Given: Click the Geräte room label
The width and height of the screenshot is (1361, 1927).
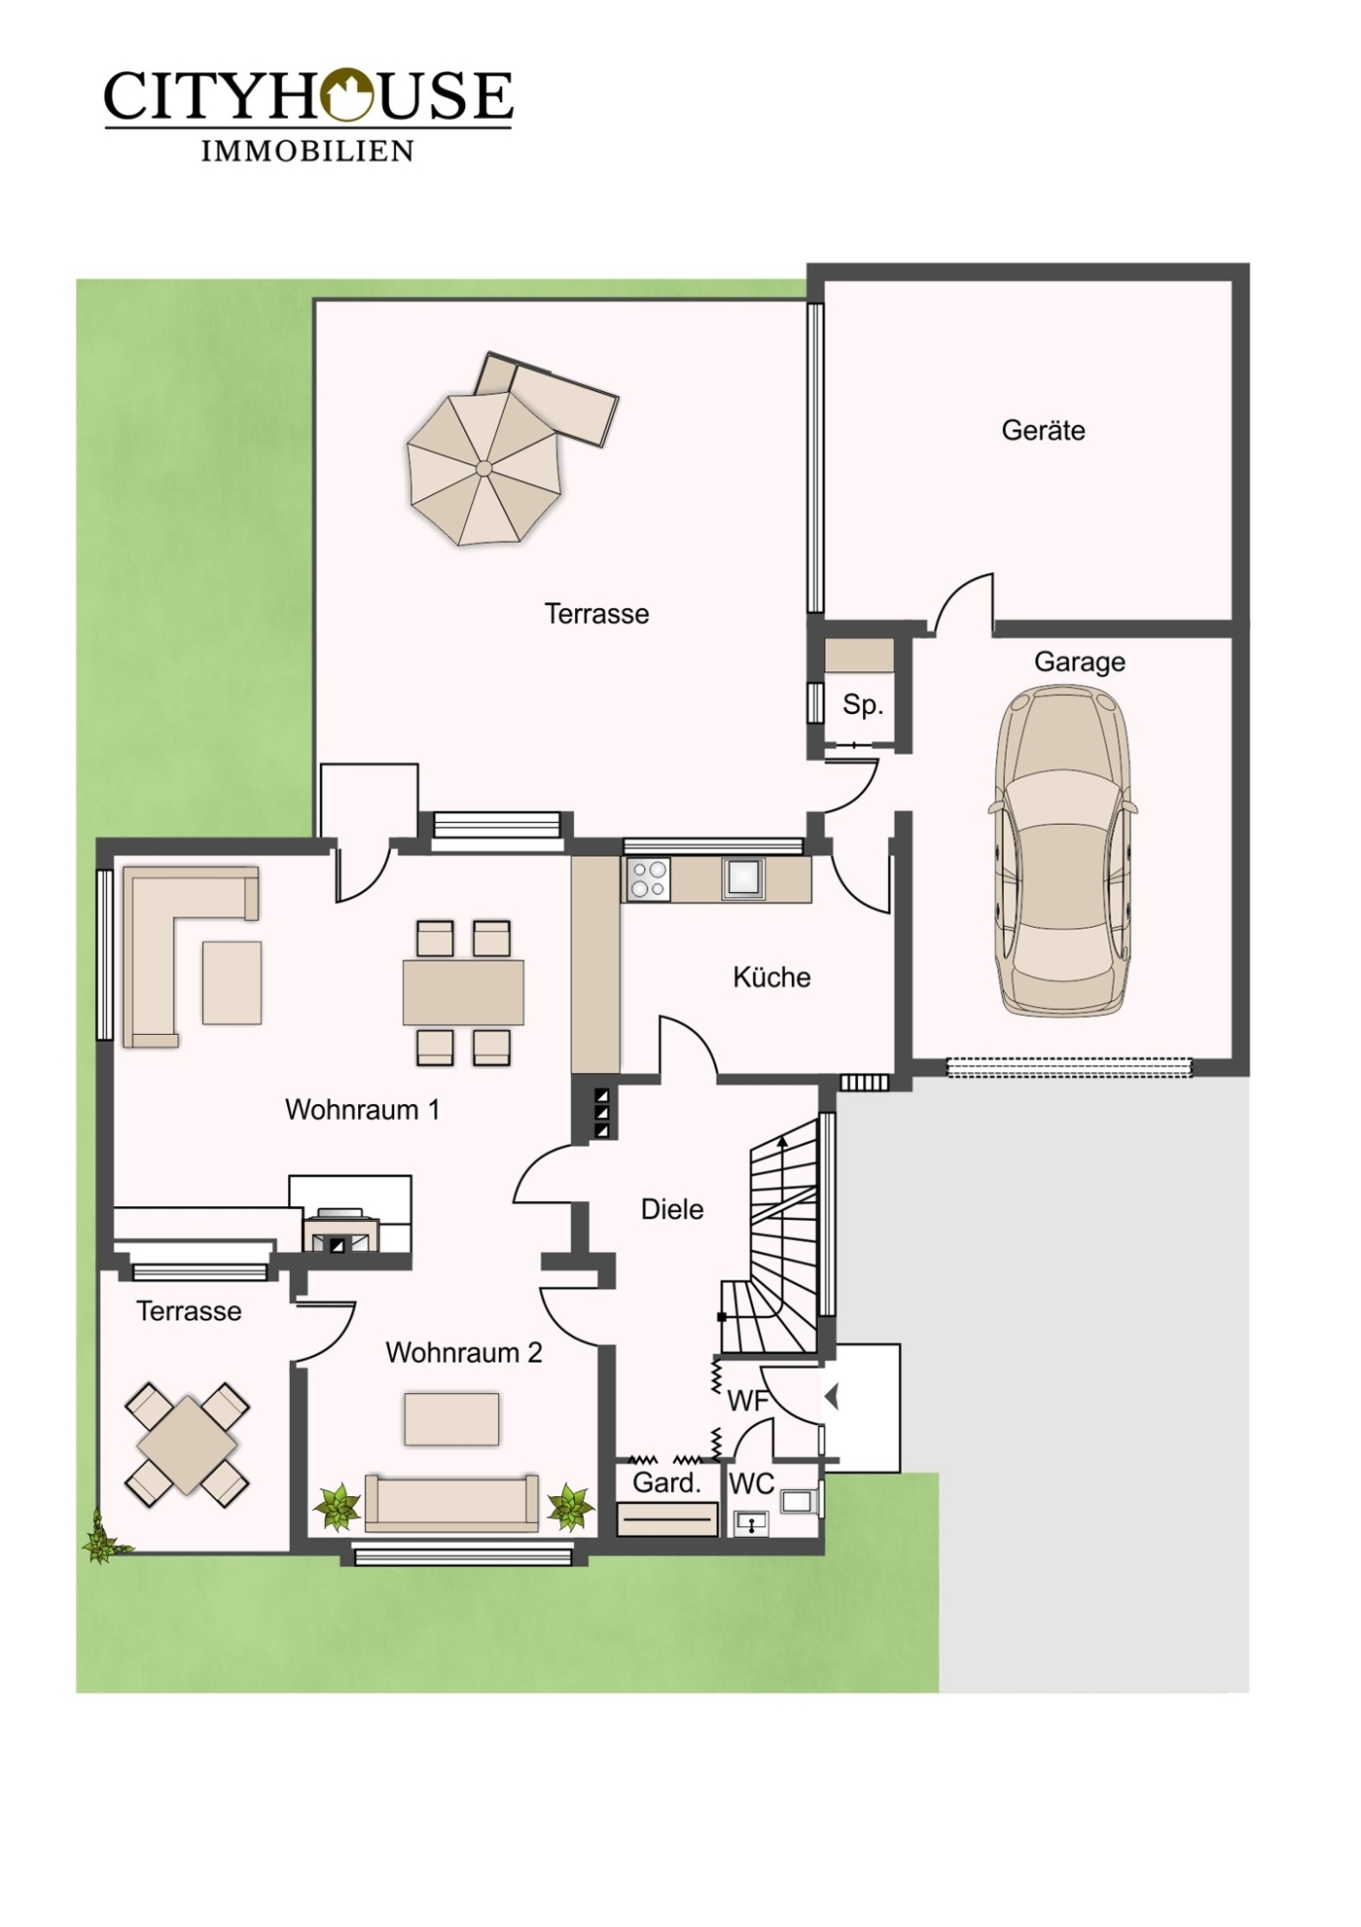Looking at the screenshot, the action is [1043, 430].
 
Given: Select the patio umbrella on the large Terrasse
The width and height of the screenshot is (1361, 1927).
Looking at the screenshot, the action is [484, 468].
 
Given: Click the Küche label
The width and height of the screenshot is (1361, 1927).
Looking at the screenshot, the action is [771, 977].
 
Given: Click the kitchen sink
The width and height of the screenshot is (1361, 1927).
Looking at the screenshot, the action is [743, 878].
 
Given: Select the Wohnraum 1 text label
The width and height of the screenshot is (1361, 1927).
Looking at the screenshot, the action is [362, 1109].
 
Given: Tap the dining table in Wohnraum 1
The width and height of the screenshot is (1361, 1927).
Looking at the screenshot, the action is [463, 992].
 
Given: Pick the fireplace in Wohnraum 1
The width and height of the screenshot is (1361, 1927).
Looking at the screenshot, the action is [340, 1231].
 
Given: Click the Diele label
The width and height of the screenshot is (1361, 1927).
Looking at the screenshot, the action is [671, 1209].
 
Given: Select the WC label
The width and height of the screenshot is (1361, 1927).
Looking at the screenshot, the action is [751, 1483].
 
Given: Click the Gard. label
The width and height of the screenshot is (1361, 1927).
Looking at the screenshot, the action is [666, 1482].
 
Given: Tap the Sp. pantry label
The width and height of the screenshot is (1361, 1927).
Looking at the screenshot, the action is [863, 704].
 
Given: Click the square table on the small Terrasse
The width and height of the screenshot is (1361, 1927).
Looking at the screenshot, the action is [188, 1445].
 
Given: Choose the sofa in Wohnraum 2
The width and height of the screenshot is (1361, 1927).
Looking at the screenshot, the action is [451, 1503].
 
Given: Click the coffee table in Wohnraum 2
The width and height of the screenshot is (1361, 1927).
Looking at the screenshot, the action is [452, 1419].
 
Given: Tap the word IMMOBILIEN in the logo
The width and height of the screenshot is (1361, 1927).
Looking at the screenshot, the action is [307, 151].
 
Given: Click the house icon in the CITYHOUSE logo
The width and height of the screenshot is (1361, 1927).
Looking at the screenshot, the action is [347, 94].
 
